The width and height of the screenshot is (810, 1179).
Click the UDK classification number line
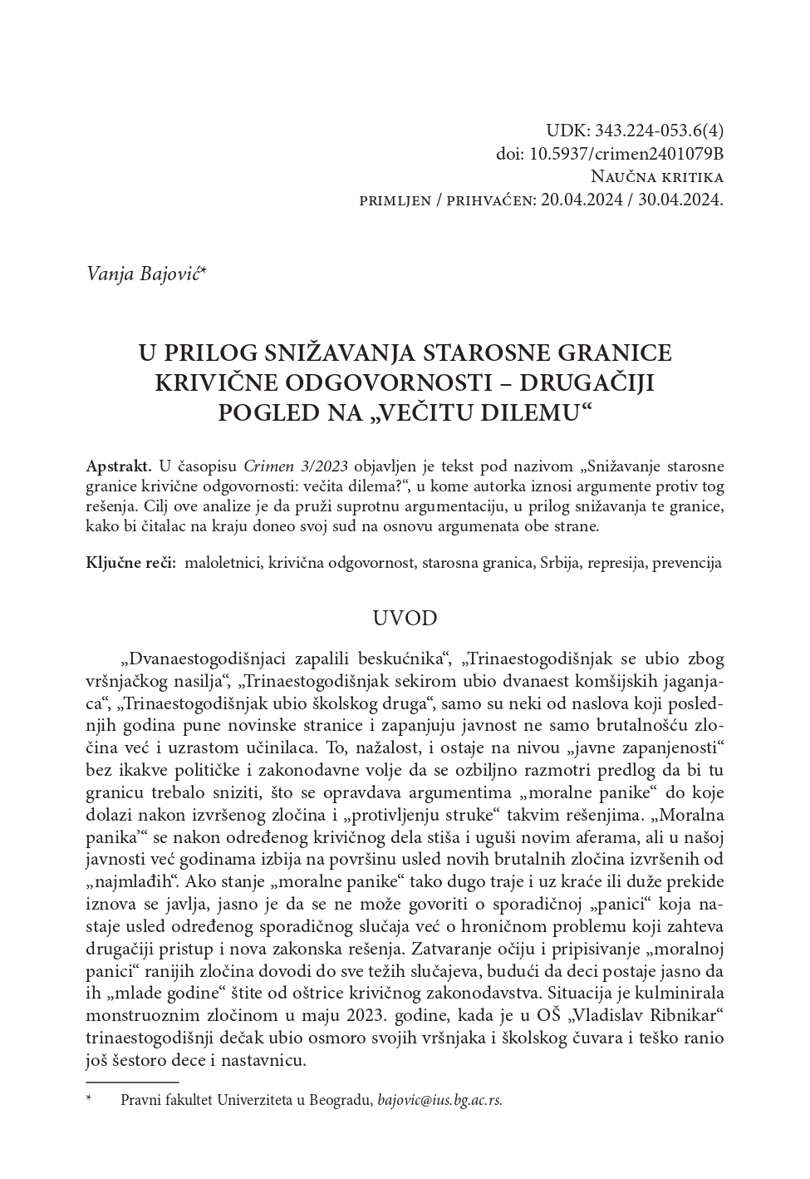[x=634, y=131]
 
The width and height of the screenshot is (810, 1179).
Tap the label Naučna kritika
[x=656, y=177]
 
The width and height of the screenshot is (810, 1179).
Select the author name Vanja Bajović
[x=144, y=273]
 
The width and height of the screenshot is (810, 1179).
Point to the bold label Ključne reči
[x=130, y=563]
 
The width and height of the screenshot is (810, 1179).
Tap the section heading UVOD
[x=405, y=619]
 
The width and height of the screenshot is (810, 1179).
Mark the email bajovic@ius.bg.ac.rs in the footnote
[x=439, y=1100]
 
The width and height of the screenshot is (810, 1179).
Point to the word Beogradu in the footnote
[x=341, y=1100]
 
